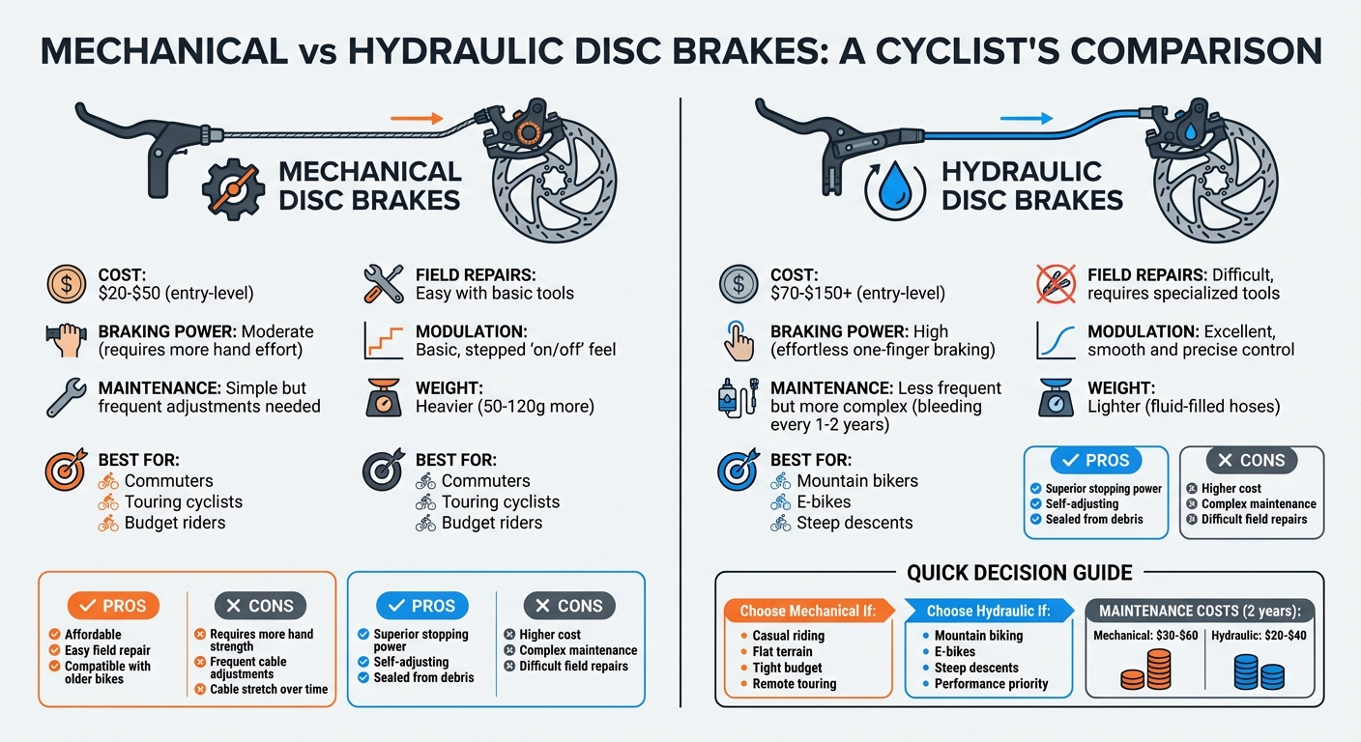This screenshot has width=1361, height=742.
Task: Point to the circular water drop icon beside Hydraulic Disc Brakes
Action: (x=894, y=187)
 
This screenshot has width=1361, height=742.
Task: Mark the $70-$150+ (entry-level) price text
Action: (x=857, y=293)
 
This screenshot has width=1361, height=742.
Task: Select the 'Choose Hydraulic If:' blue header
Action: (x=987, y=611)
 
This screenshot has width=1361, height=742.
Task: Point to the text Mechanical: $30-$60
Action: (x=1145, y=635)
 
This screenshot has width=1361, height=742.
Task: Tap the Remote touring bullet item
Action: (x=795, y=684)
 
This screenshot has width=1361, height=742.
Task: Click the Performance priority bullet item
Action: (x=991, y=684)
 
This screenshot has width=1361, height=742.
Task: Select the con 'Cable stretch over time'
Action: (x=269, y=690)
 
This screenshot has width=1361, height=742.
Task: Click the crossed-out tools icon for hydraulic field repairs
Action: (x=1056, y=283)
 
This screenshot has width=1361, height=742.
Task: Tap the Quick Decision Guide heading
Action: (x=1019, y=573)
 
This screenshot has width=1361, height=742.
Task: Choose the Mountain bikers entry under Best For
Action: (x=857, y=480)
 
